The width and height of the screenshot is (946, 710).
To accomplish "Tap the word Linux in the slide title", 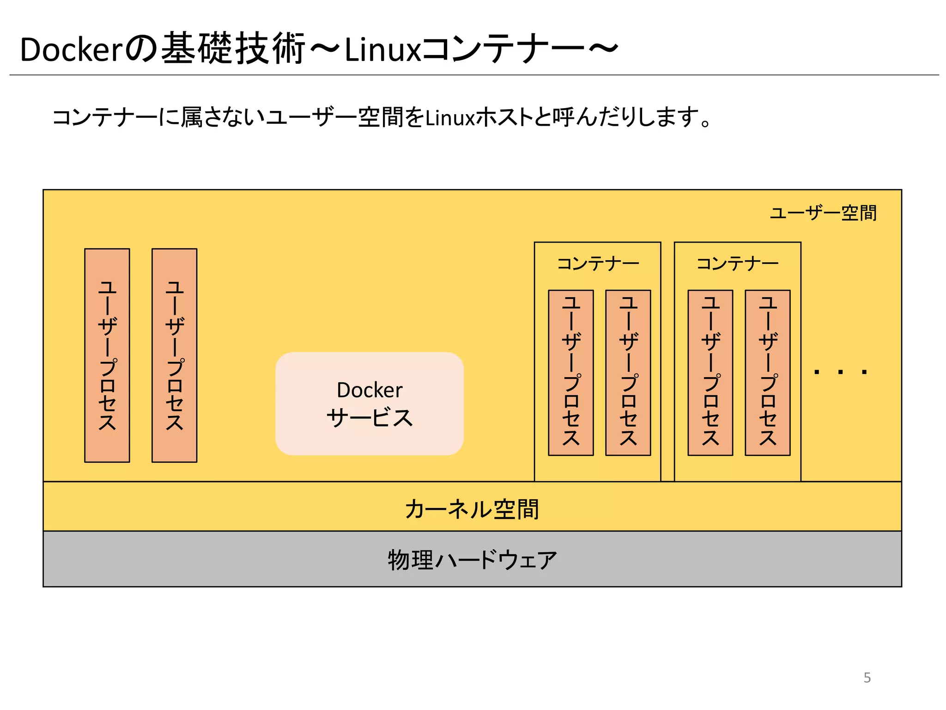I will pyautogui.click(x=382, y=49).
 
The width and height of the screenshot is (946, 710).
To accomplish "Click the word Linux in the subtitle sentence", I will pyautogui.click(x=450, y=118).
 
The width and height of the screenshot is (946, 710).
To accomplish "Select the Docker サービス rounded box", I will pyautogui.click(x=370, y=404).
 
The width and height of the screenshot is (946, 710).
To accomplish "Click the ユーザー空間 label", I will pyautogui.click(x=823, y=213).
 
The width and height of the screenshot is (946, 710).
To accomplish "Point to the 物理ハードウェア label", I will pyautogui.click(x=472, y=560).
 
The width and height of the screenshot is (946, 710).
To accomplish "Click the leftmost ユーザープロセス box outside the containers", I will pyautogui.click(x=107, y=355).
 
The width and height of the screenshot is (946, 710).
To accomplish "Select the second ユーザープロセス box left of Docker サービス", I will pyautogui.click(x=174, y=355).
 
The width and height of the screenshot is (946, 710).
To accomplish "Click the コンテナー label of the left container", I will pyautogui.click(x=598, y=264).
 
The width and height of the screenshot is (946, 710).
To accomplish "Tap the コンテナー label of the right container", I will pyautogui.click(x=738, y=264).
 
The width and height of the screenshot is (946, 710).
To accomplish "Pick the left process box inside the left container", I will pyautogui.click(x=571, y=373).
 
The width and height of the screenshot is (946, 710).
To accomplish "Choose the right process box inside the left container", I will pyautogui.click(x=628, y=373).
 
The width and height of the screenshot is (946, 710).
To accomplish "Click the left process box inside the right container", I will pyautogui.click(x=710, y=373).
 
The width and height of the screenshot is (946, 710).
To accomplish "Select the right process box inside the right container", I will pyautogui.click(x=768, y=373).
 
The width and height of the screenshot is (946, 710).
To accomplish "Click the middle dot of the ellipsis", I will pyautogui.click(x=841, y=372).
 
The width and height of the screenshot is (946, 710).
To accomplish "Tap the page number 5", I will pyautogui.click(x=867, y=678).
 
